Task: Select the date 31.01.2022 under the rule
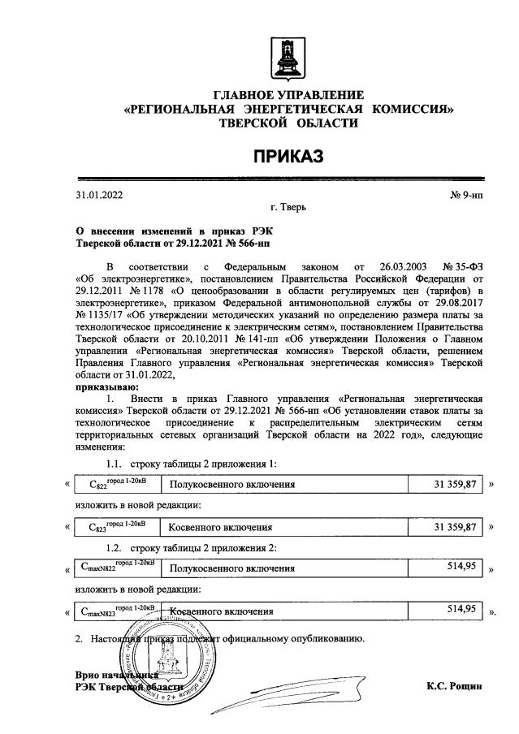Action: coord(100,195)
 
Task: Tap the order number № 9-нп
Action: coord(466,195)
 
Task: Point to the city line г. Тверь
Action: coord(288,209)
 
